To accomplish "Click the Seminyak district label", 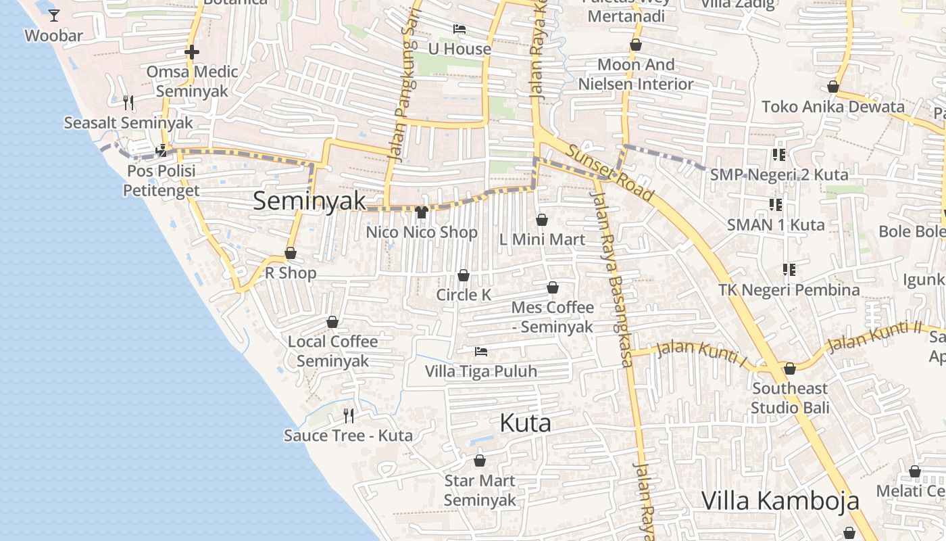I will point(309,201).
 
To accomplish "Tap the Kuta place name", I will point(525,423).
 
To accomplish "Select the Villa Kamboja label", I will point(780,501).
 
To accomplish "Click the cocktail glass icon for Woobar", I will point(54,16).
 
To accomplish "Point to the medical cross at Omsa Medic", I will point(192,52).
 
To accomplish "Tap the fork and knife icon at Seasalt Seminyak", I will point(128,103).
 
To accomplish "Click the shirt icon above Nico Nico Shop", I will point(422,212).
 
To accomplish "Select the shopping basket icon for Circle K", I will point(464,275).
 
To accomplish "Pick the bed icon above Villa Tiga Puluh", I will point(481,352).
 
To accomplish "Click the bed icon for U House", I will point(459,29).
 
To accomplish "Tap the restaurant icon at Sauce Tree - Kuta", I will point(349,415).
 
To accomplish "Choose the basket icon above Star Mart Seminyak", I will point(480,461).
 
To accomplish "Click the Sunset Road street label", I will point(610,173).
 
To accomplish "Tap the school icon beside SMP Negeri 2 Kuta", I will point(778,155).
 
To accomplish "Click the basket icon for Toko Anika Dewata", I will point(833,87).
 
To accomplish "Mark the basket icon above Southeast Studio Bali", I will point(790,369).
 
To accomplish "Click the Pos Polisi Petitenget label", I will point(161,181).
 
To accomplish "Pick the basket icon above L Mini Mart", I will point(542,220).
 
